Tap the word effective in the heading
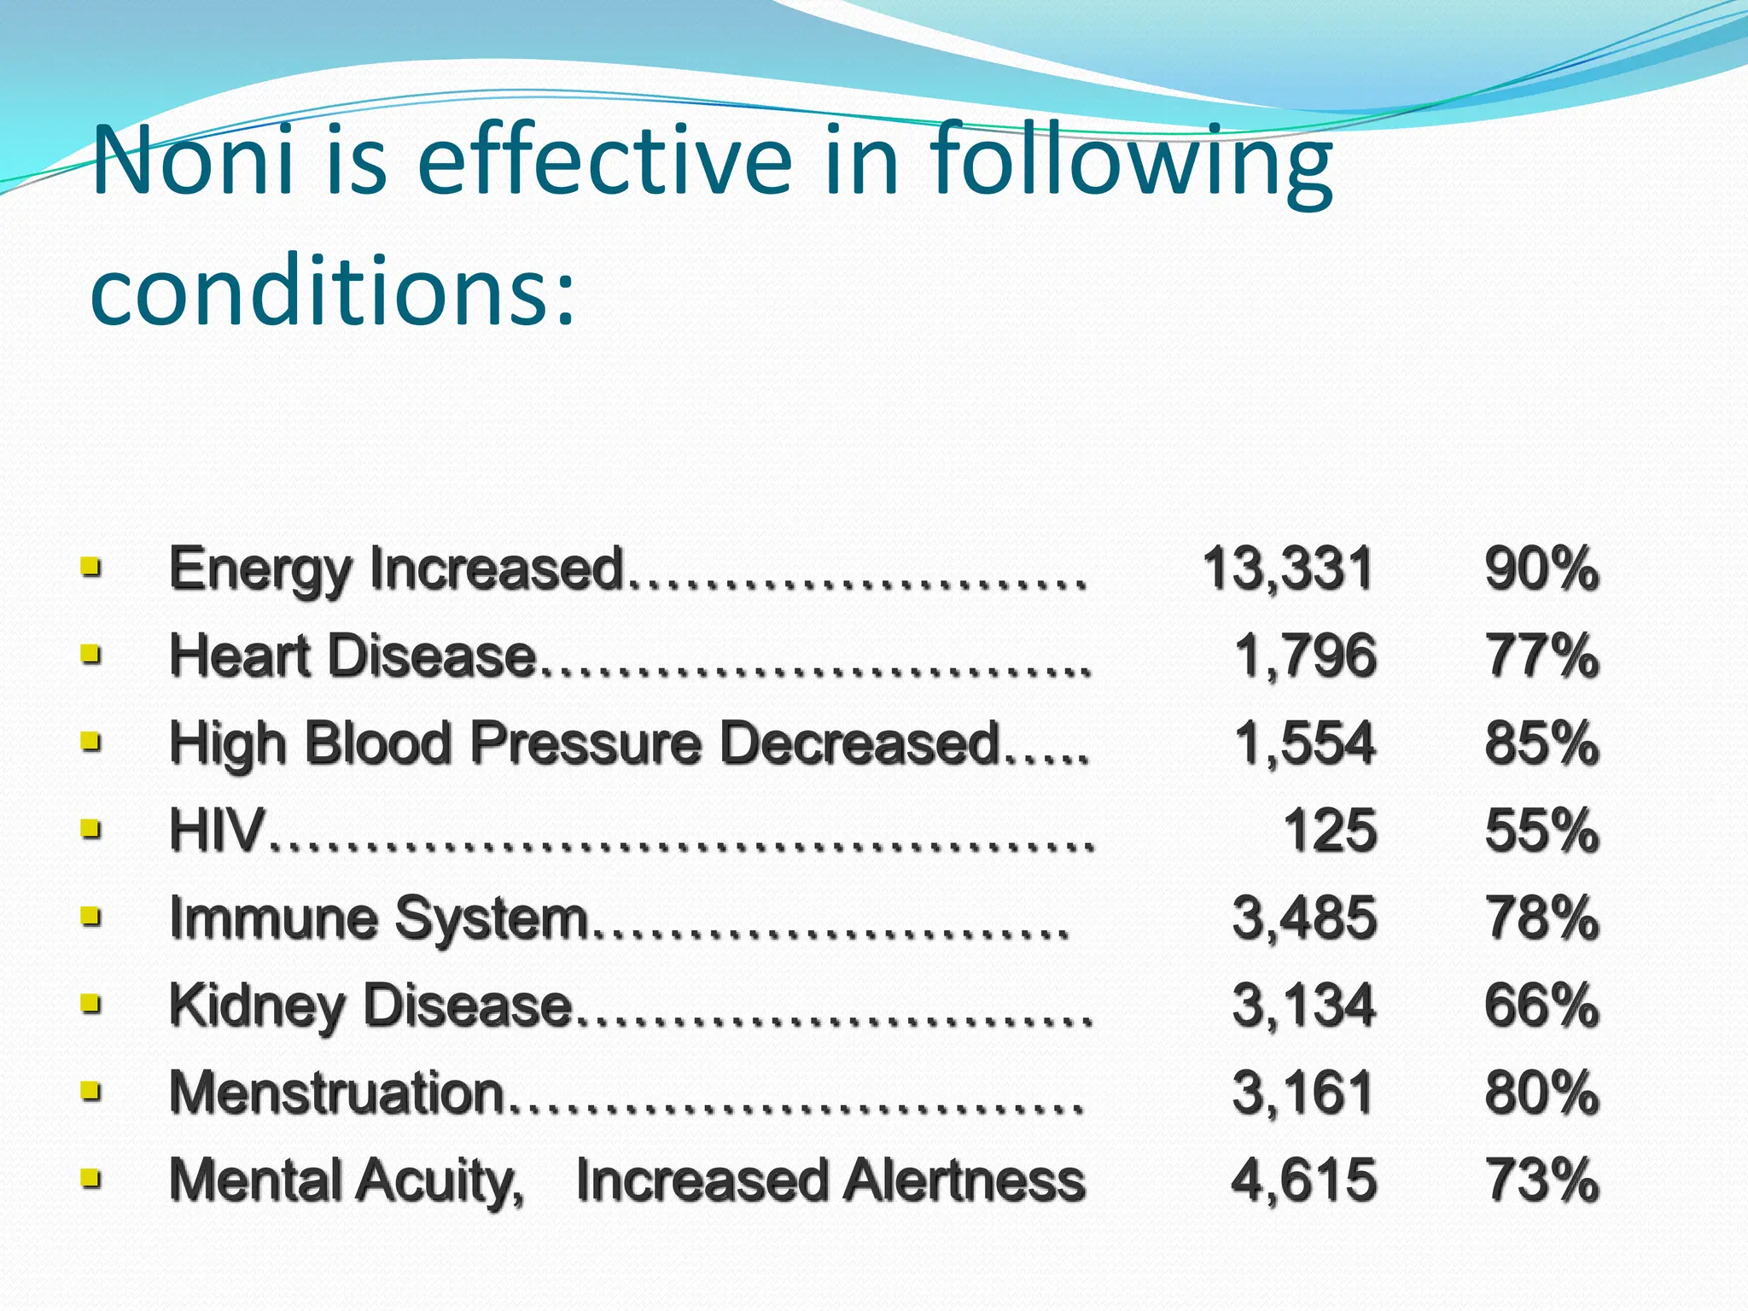[x=605, y=162]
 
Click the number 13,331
[x=1288, y=568]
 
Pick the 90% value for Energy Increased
[x=1541, y=568]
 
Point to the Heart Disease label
[x=353, y=656]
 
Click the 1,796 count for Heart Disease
[x=1305, y=656]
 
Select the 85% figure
[x=1541, y=743]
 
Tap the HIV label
[x=217, y=830]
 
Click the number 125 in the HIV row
[x=1330, y=830]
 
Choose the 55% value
[x=1541, y=830]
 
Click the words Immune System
[x=379, y=919]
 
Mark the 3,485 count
[x=1304, y=919]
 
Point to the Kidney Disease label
[x=370, y=1005]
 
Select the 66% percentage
[x=1541, y=1005]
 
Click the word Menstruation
[x=337, y=1093]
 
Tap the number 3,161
[x=1303, y=1093]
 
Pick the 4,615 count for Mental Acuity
[x=1304, y=1180]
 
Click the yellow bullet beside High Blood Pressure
[x=90, y=741]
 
